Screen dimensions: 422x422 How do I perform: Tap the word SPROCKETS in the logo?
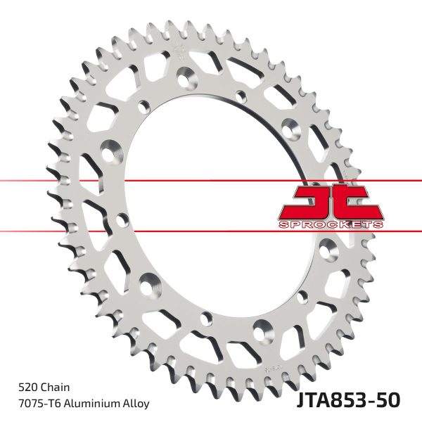click(x=331, y=224)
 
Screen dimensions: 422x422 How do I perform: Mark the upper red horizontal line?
click(x=141, y=181)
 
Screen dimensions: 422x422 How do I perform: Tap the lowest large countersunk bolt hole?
click(x=263, y=326)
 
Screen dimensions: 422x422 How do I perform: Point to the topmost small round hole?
click(x=145, y=106)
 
